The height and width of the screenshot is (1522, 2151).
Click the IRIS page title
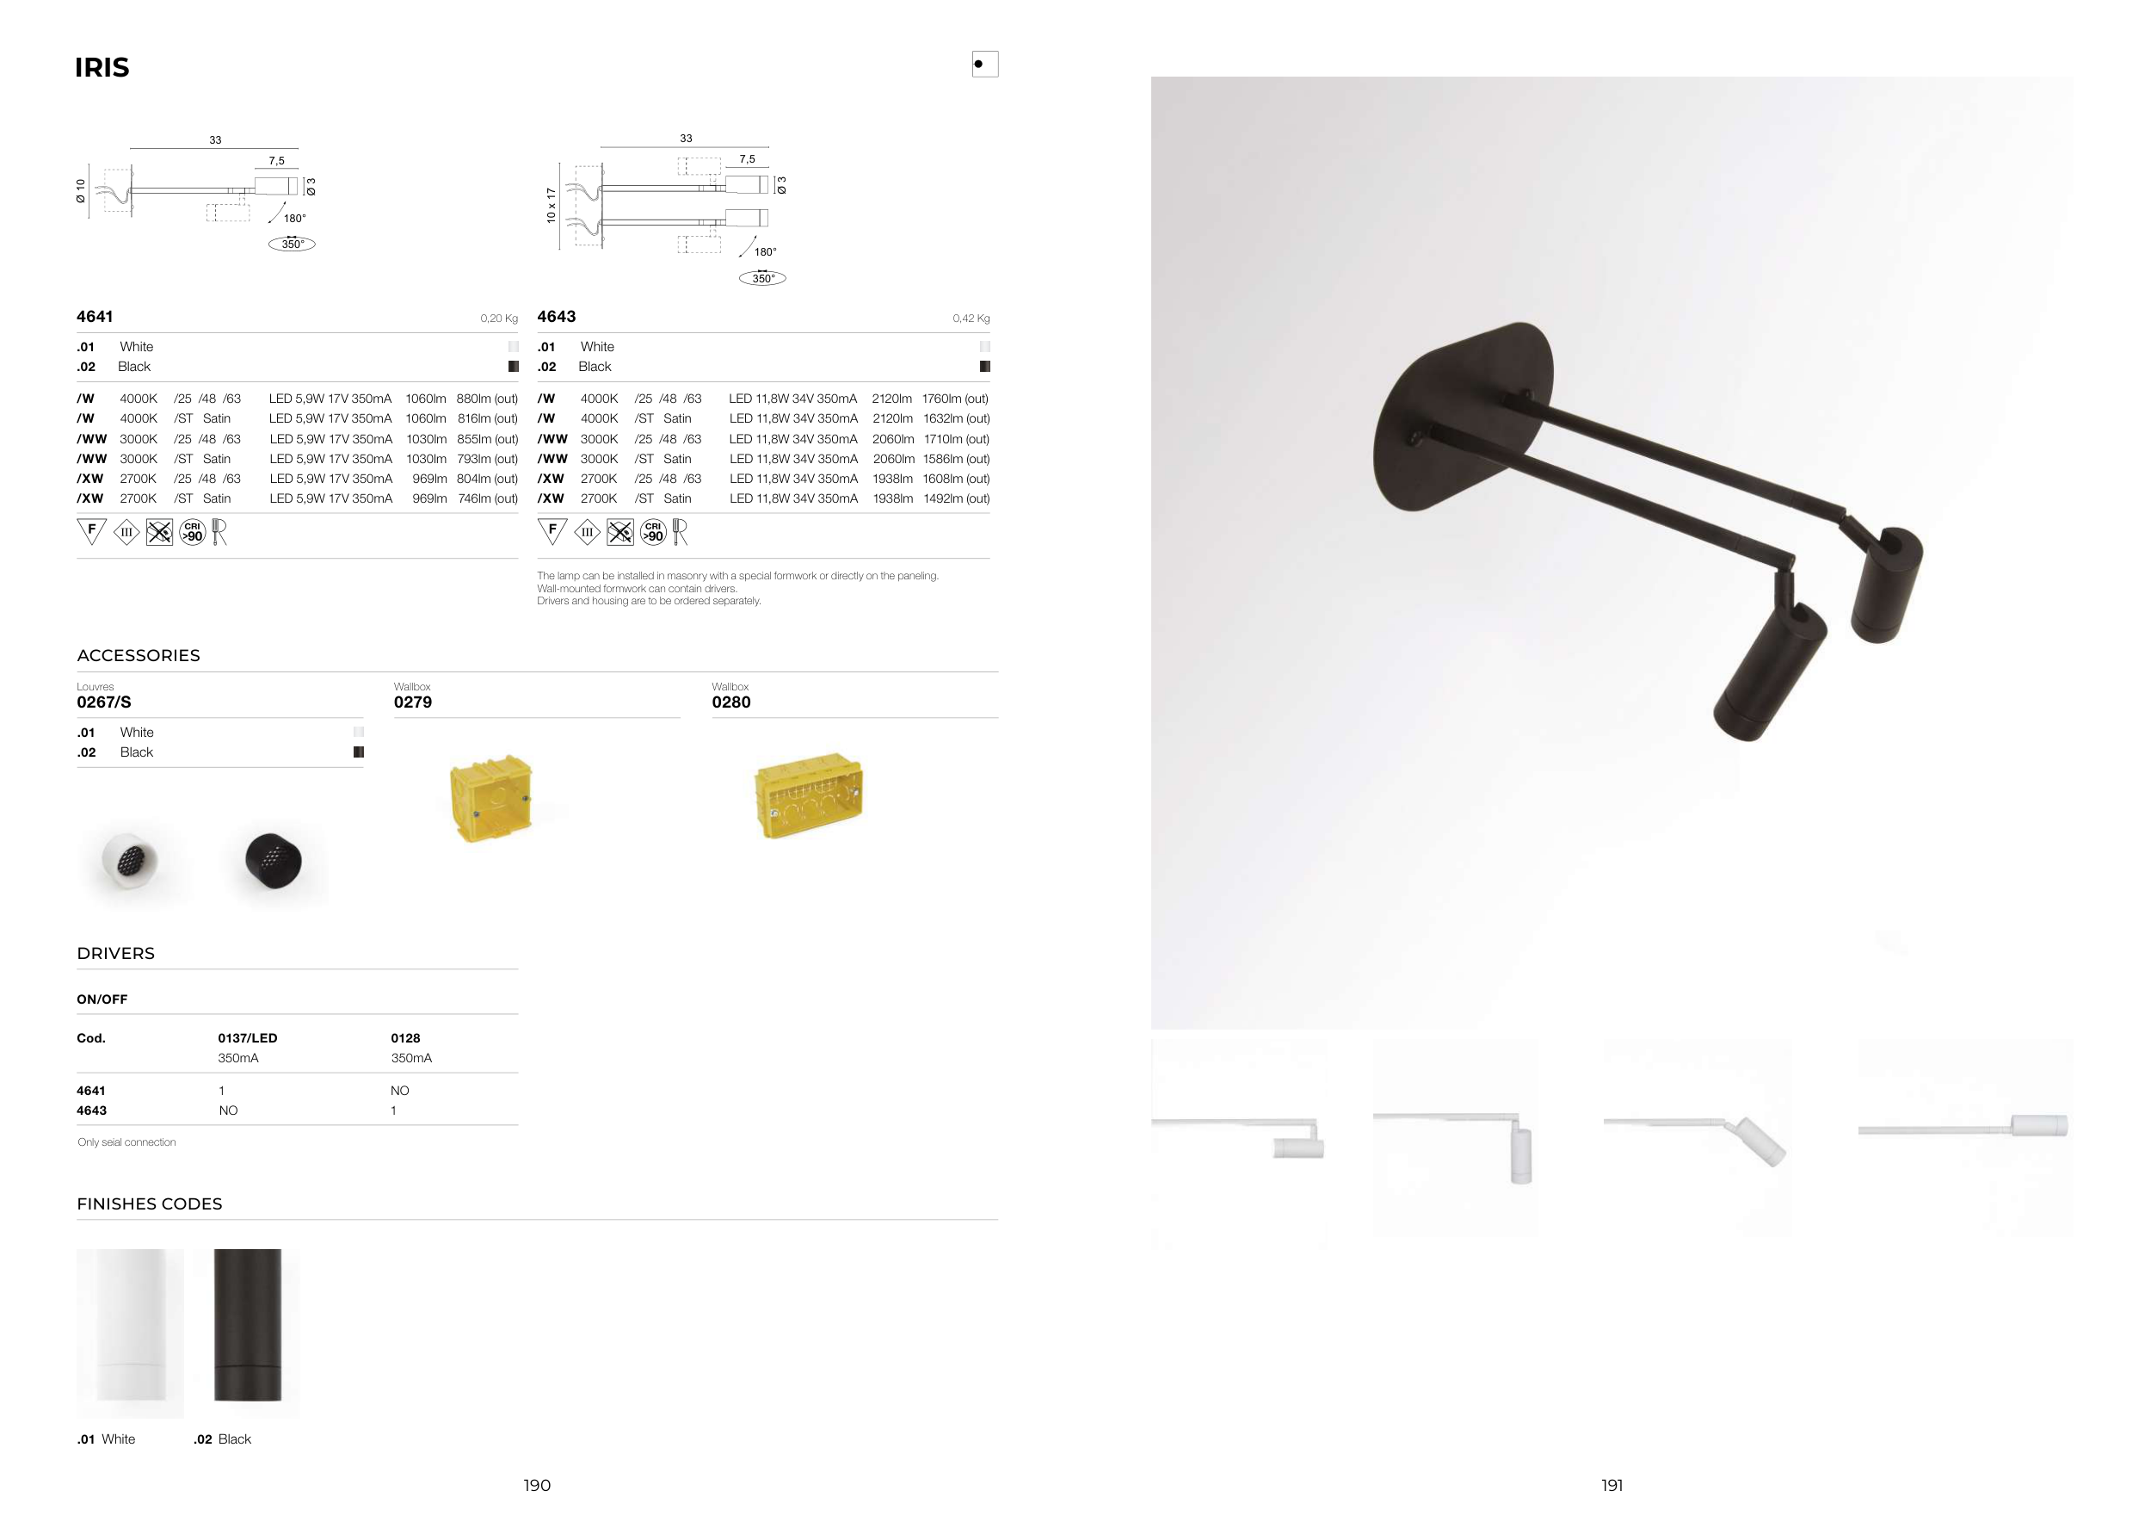[102, 67]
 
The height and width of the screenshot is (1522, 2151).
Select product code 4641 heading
[95, 317]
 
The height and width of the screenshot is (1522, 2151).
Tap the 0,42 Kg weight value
[971, 319]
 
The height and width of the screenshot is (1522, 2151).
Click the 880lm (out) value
[487, 399]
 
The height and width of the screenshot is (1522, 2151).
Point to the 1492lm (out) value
[957, 498]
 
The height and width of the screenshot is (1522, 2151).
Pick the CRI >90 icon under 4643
[653, 532]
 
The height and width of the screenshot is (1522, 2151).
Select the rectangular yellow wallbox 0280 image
[809, 794]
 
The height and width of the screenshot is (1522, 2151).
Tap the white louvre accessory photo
[129, 859]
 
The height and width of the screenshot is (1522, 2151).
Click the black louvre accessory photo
[274, 859]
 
